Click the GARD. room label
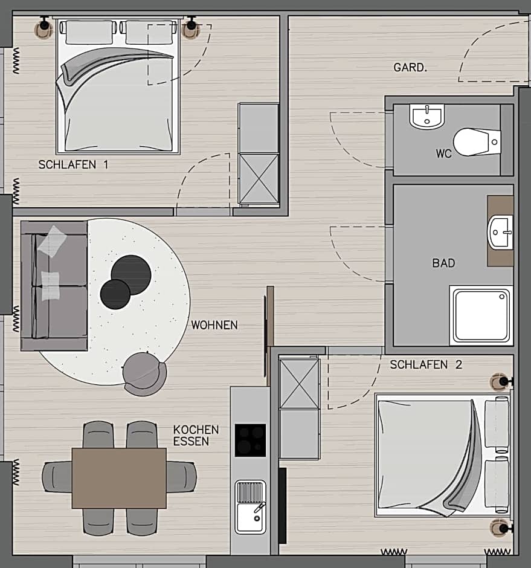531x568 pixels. [x=410, y=68]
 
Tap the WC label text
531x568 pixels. [x=443, y=153]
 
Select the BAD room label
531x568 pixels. [x=443, y=263]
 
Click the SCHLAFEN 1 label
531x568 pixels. [x=73, y=164]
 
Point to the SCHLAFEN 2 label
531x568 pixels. [x=426, y=364]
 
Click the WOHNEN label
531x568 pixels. [x=214, y=325]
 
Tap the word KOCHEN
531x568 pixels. [x=196, y=430]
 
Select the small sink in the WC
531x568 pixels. [x=426, y=115]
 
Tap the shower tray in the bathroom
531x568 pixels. [x=481, y=315]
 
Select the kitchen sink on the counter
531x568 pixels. [x=250, y=508]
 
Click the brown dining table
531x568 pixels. [x=119, y=478]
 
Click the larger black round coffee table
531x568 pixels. [x=131, y=275]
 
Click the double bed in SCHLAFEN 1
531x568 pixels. [x=118, y=88]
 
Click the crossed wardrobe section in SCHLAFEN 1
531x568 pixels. [x=258, y=178]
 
